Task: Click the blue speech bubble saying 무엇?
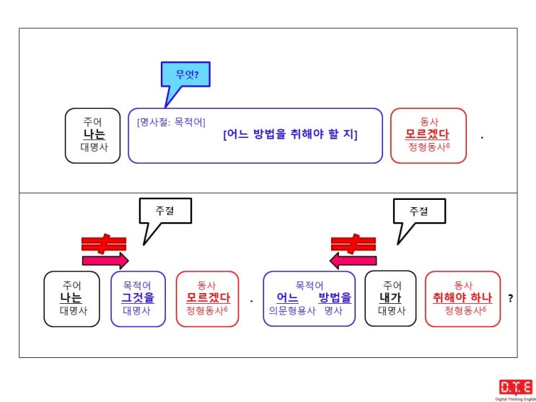pyautogui.click(x=185, y=75)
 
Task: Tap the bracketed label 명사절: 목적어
pyautogui.click(x=171, y=122)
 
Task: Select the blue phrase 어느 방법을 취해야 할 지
pyautogui.click(x=290, y=135)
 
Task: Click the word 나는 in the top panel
pyautogui.click(x=95, y=134)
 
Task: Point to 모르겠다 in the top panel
pyautogui.click(x=427, y=134)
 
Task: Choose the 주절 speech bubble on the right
pyautogui.click(x=419, y=211)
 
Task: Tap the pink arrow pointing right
pyautogui.click(x=105, y=261)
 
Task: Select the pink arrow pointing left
pyautogui.click(x=353, y=261)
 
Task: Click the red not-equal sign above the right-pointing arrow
pyautogui.click(x=104, y=244)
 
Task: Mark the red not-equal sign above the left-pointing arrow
pyautogui.click(x=353, y=244)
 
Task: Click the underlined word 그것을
pyautogui.click(x=138, y=298)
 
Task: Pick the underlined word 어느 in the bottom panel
pyautogui.click(x=288, y=298)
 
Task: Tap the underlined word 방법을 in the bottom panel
pyautogui.click(x=335, y=298)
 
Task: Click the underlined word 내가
pyautogui.click(x=390, y=298)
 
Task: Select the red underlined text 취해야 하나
pyautogui.click(x=462, y=298)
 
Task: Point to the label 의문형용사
pyautogui.click(x=292, y=311)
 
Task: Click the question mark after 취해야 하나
pyautogui.click(x=511, y=299)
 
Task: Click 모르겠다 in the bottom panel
pyautogui.click(x=208, y=298)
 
